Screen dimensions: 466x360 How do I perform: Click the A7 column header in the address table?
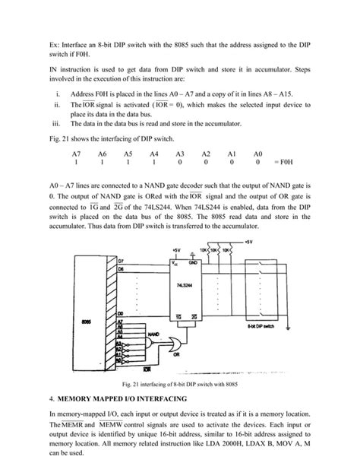tap(77, 153)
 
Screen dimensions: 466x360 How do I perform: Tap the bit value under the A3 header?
tap(180, 162)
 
